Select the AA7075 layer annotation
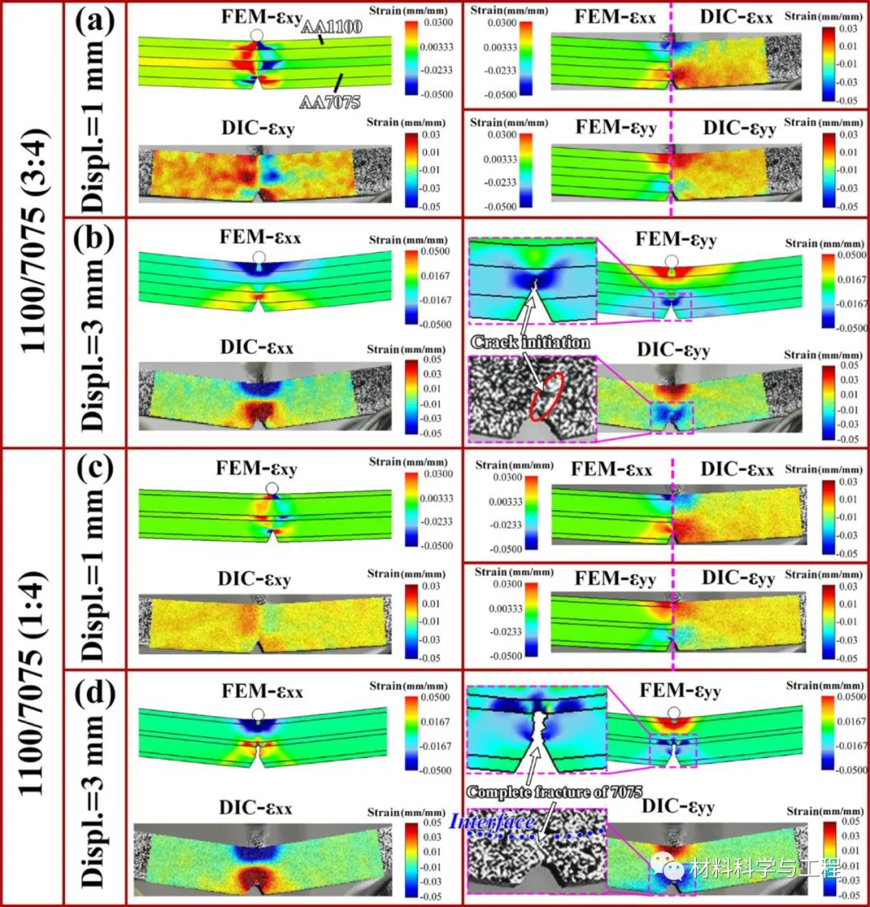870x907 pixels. tap(329, 101)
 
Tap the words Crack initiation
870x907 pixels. tap(530, 342)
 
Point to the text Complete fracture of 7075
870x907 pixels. tap(554, 792)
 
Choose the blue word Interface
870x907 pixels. tap(492, 822)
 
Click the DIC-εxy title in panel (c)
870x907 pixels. tap(254, 578)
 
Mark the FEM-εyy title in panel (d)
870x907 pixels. tap(680, 691)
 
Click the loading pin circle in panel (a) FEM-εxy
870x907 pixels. tap(257, 35)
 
